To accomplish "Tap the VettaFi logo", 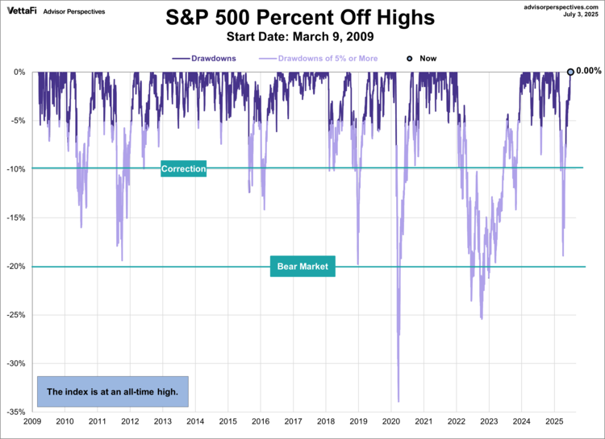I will click(x=24, y=11).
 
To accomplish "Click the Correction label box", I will click(x=184, y=169).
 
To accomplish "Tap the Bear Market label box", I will click(x=302, y=267).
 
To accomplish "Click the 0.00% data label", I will click(x=588, y=71).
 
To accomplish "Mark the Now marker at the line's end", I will click(x=570, y=72).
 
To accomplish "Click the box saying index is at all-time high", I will click(x=112, y=391).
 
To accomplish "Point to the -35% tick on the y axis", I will click(x=15, y=412).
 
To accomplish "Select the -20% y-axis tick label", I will click(x=15, y=267).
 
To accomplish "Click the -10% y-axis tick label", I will click(x=15, y=169).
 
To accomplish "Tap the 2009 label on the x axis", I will click(x=32, y=421).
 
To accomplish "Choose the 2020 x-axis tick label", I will click(x=390, y=421).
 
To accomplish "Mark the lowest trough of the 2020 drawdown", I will click(x=398, y=400).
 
